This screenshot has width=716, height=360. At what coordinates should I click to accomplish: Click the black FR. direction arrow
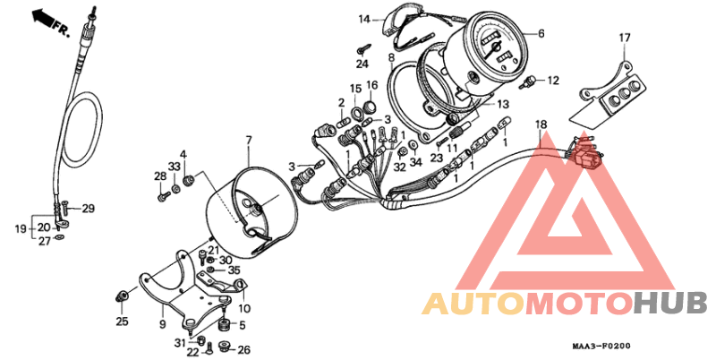pyautogui.click(x=41, y=17)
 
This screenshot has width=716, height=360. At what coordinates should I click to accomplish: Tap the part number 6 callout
pyautogui.click(x=541, y=33)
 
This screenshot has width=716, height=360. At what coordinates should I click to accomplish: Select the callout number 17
pyautogui.click(x=624, y=38)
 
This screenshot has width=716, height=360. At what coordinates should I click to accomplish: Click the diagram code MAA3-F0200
pyautogui.click(x=601, y=347)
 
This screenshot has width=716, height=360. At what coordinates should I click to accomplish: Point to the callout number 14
pyautogui.click(x=363, y=20)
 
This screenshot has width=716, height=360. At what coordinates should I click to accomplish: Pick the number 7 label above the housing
pyautogui.click(x=249, y=141)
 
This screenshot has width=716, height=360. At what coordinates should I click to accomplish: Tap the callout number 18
pyautogui.click(x=541, y=124)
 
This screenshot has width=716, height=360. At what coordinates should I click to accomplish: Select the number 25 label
pyautogui.click(x=122, y=321)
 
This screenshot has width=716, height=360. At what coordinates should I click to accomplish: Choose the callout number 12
pyautogui.click(x=553, y=81)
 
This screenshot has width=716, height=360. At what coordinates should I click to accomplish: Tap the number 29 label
pyautogui.click(x=88, y=209)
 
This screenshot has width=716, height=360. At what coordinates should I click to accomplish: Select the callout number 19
pyautogui.click(x=21, y=228)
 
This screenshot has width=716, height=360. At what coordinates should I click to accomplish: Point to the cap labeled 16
pyautogui.click(x=371, y=107)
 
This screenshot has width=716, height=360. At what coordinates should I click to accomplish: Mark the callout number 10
pyautogui.click(x=244, y=309)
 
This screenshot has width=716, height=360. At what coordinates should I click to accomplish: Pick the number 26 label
pyautogui.click(x=244, y=350)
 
